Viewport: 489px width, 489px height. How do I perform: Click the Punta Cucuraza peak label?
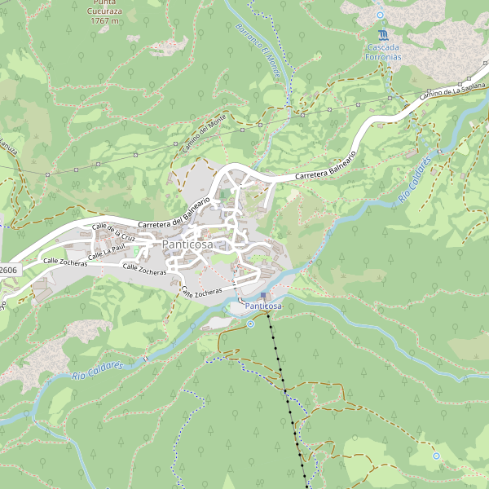pos(104,9)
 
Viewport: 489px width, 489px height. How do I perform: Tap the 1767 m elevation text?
pos(104,20)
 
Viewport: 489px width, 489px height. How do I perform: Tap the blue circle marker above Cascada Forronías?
pos(380,15)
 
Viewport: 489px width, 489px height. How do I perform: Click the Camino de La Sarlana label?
pos(453,91)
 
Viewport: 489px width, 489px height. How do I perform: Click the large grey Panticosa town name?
pos(187,244)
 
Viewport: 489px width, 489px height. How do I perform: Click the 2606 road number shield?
pos(8,270)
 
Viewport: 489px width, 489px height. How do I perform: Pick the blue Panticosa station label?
pos(263,306)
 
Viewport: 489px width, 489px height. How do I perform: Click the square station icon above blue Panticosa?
pos(263,295)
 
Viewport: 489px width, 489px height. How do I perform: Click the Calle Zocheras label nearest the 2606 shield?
pos(64,262)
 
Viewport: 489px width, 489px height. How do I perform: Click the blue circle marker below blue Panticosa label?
pos(251,324)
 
